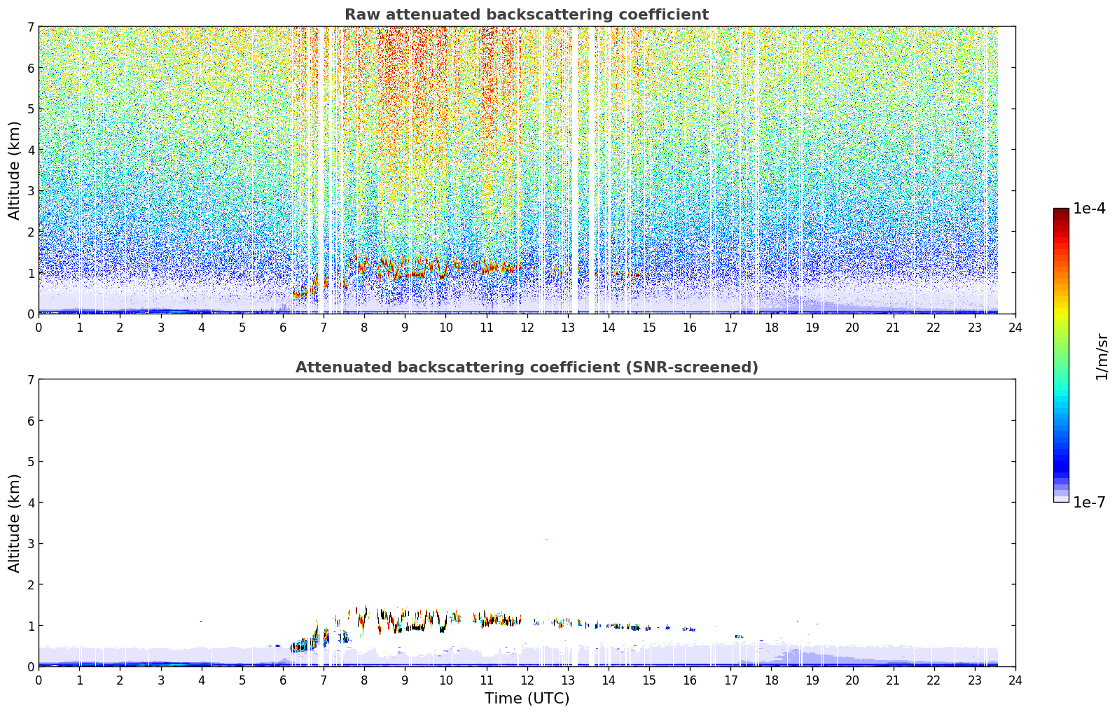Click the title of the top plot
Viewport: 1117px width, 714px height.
point(527,15)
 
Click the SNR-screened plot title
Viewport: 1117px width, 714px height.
point(527,367)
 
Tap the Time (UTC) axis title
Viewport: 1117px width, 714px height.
point(527,699)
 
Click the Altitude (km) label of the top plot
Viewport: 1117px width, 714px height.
point(14,170)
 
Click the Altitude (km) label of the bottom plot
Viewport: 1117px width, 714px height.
point(14,523)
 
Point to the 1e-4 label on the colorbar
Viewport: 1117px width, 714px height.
point(1090,209)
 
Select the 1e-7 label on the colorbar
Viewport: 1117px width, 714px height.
point(1090,502)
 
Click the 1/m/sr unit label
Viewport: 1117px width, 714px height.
point(1102,357)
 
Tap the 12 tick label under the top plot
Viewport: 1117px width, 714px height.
point(527,328)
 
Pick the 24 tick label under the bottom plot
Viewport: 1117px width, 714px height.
point(1015,680)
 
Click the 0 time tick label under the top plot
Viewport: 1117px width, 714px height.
point(39,328)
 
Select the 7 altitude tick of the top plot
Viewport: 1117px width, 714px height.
point(30,27)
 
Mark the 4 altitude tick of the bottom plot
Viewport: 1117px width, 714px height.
point(30,503)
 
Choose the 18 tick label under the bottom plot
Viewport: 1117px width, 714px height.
point(772,680)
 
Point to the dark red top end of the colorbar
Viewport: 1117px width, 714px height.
point(1061,211)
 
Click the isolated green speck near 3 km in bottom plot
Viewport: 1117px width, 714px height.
point(546,540)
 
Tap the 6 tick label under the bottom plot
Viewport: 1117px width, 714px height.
point(283,680)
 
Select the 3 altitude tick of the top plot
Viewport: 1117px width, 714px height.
point(30,190)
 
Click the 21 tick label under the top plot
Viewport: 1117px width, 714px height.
point(893,328)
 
